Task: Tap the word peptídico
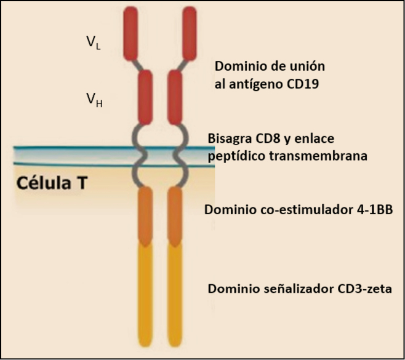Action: pyautogui.click(x=236, y=156)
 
